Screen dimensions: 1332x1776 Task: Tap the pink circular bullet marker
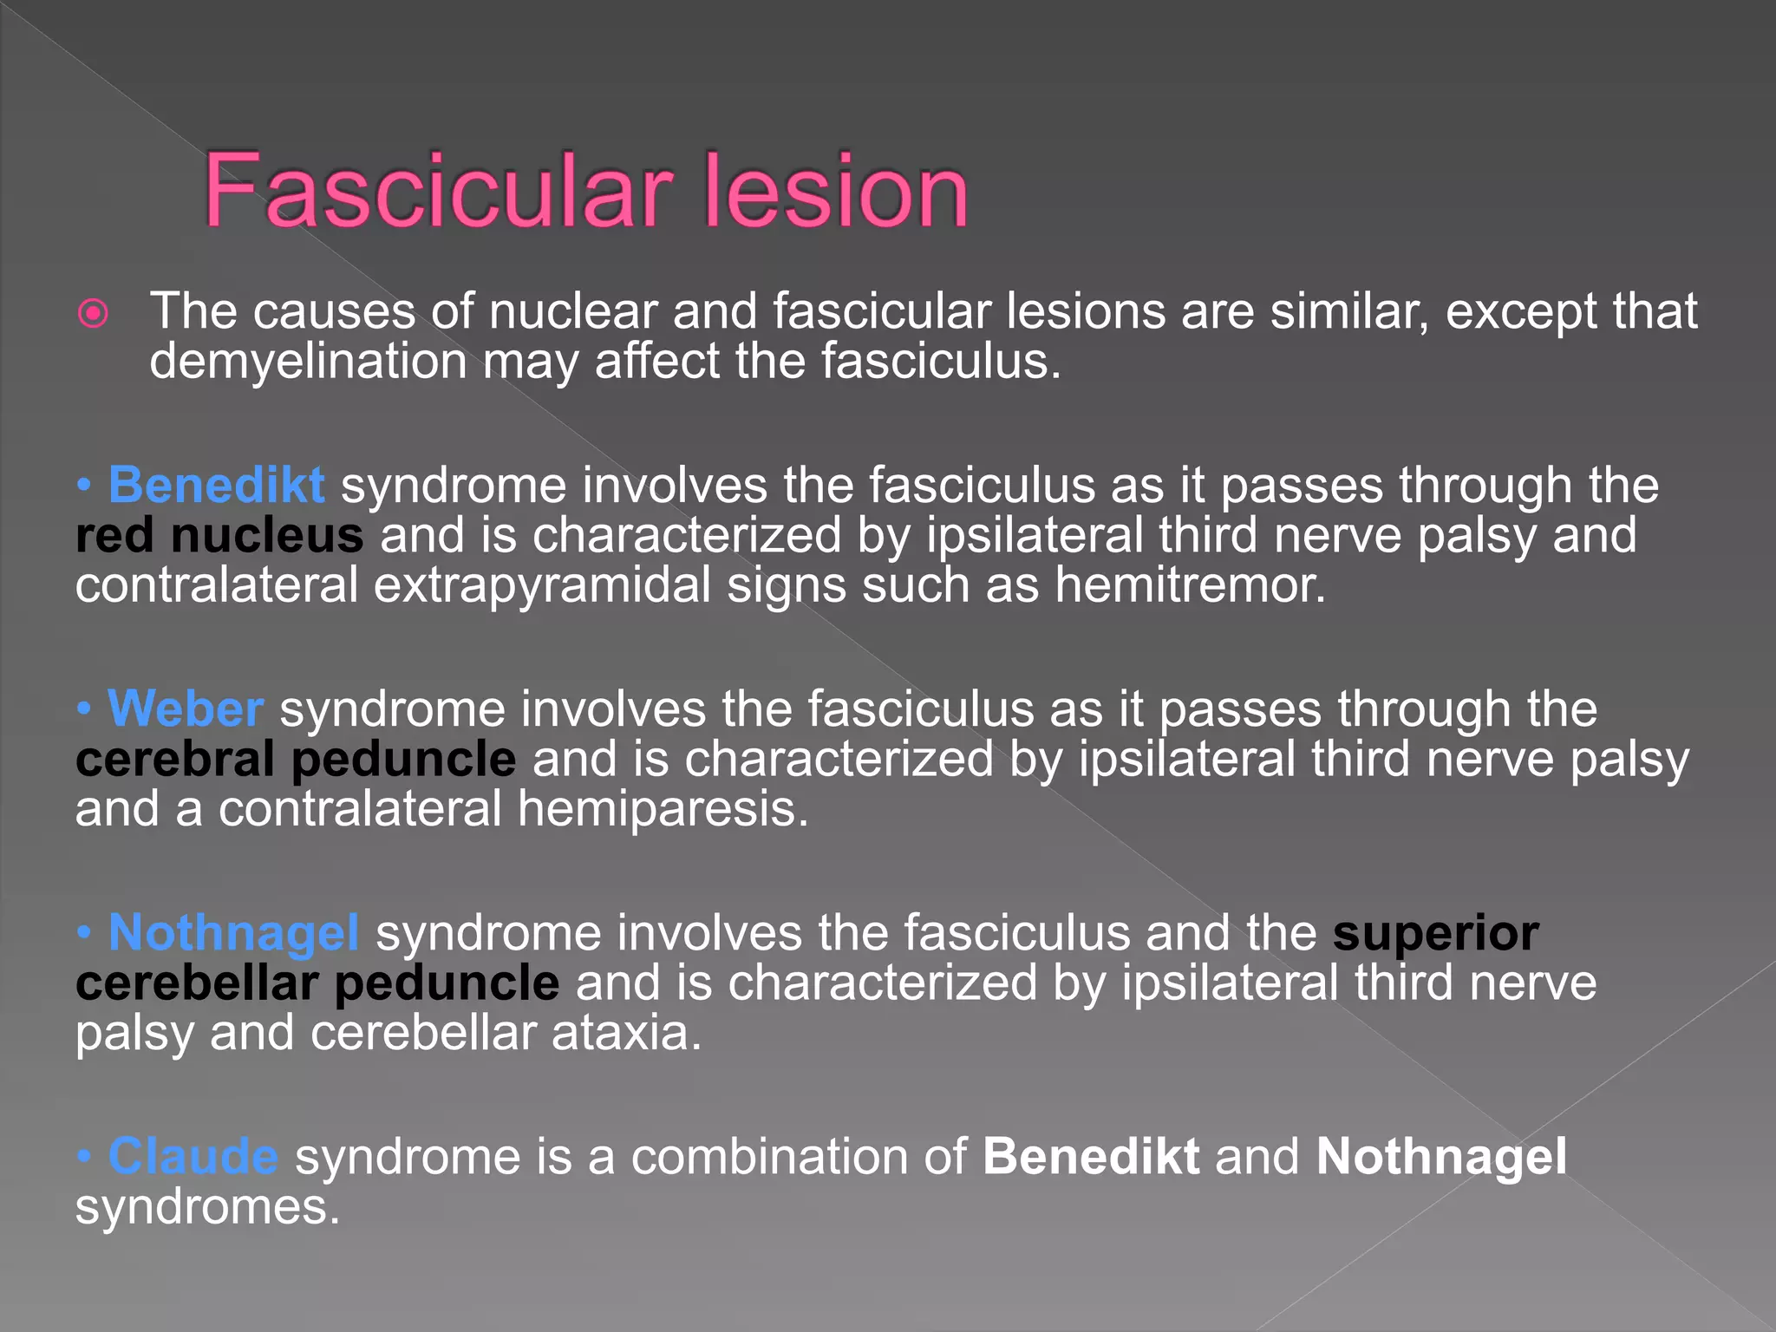click(x=93, y=313)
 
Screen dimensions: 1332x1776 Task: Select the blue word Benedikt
click(x=216, y=485)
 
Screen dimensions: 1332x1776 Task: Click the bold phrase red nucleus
click(x=219, y=535)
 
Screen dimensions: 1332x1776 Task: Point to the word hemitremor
click(x=1189, y=585)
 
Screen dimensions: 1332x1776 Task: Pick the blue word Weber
click(x=185, y=708)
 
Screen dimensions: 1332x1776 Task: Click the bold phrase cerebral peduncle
click(x=296, y=759)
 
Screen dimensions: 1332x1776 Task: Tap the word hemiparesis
click(x=662, y=809)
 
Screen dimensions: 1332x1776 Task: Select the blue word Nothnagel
click(x=233, y=933)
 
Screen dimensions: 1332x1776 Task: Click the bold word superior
click(x=1435, y=933)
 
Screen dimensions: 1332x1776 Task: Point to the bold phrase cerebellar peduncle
click(x=317, y=983)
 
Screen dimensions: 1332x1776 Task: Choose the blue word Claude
click(x=193, y=1157)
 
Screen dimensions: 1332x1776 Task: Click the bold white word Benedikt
click(x=1091, y=1157)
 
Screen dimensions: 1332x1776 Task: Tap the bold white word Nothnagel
click(x=1441, y=1157)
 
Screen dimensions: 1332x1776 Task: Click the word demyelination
click(x=308, y=362)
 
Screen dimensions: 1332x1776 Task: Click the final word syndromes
click(x=206, y=1207)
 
